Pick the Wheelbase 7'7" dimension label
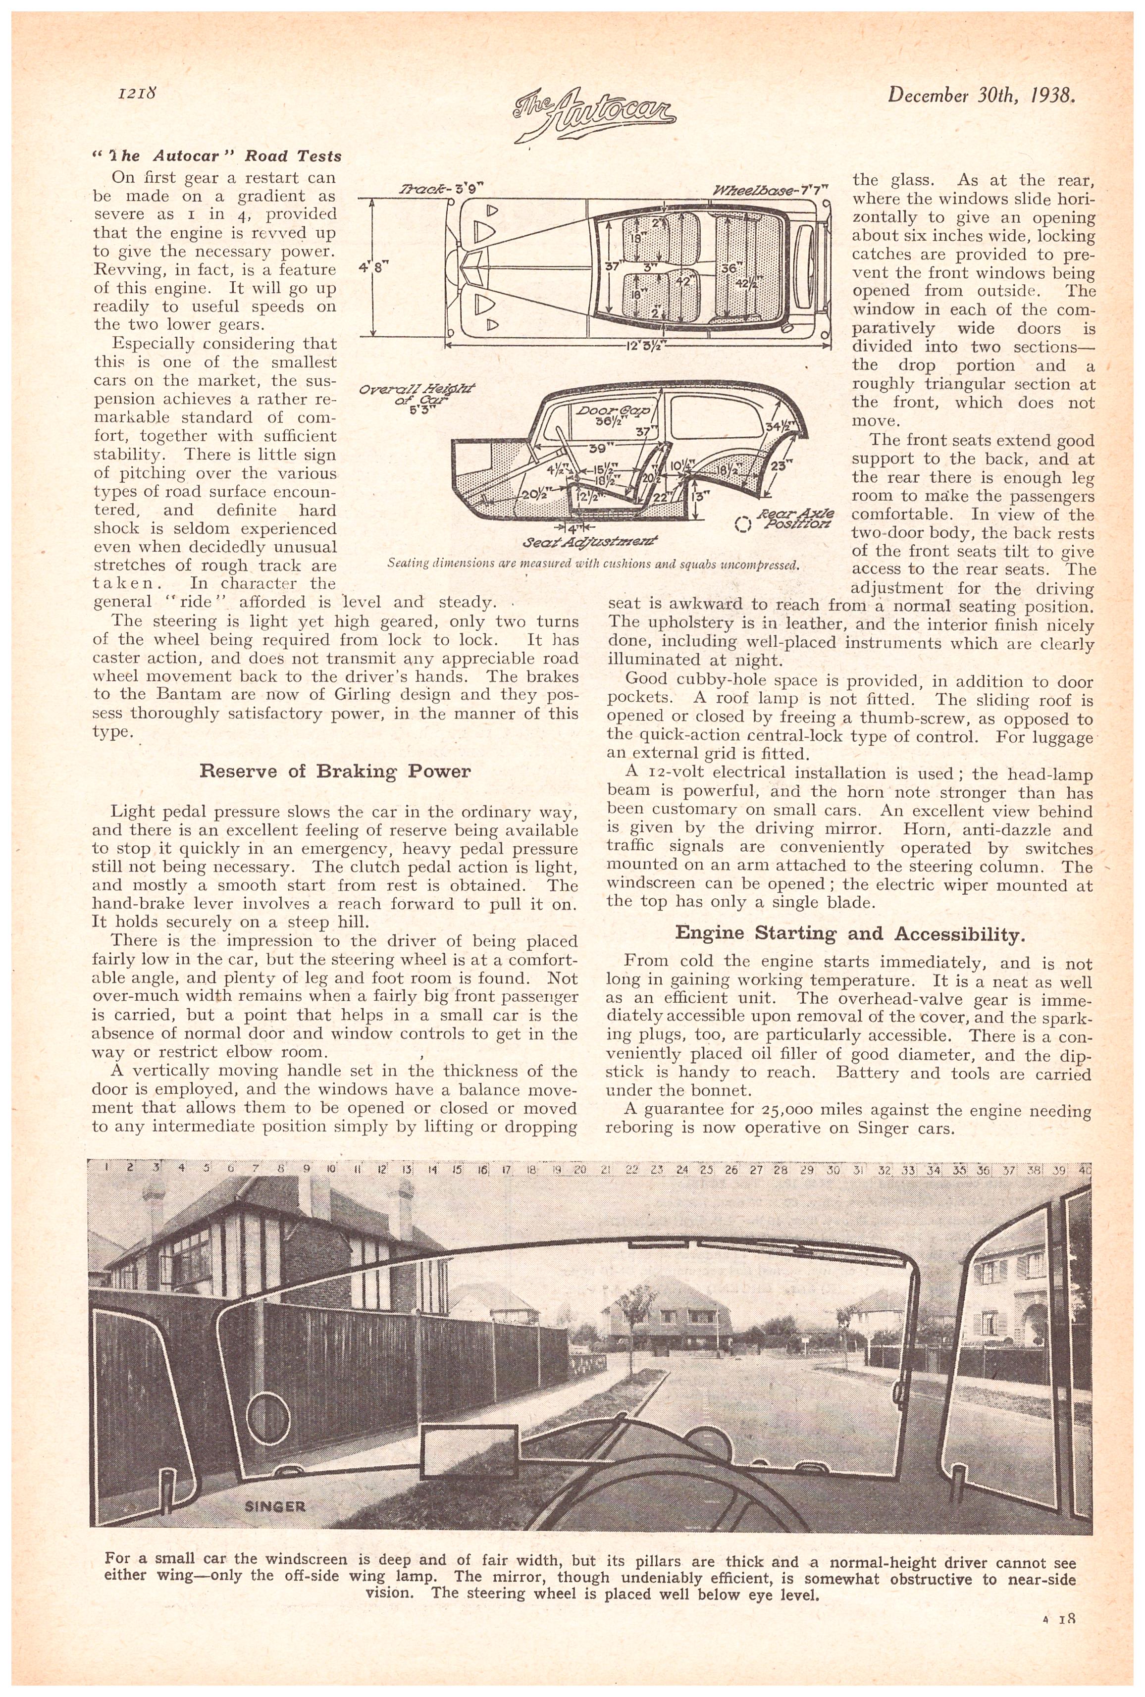click(x=773, y=191)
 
